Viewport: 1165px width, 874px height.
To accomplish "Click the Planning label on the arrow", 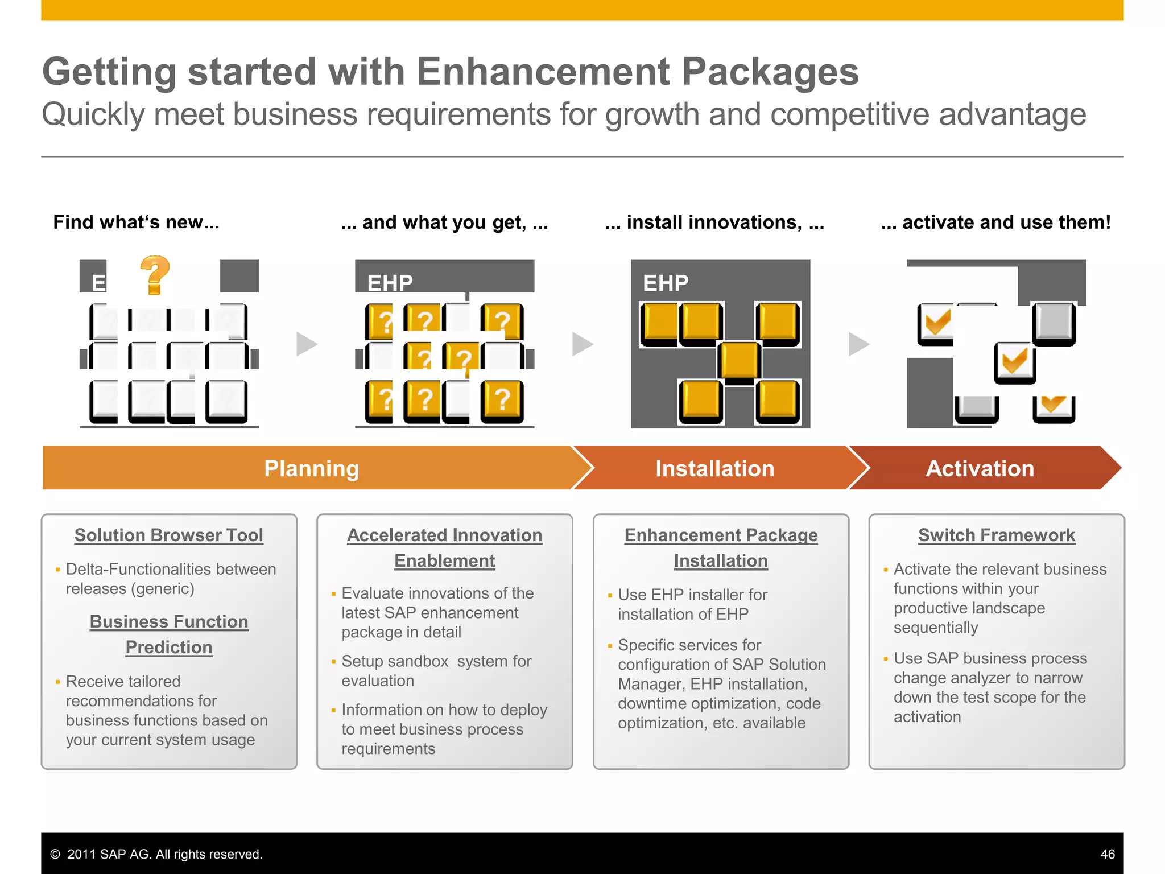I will pos(312,468).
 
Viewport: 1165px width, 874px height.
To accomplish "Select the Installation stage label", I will pos(714,468).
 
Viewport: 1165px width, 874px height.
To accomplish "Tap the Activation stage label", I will pos(980,468).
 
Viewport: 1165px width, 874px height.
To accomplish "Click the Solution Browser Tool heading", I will pos(169,535).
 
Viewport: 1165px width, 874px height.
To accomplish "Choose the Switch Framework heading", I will pos(997,535).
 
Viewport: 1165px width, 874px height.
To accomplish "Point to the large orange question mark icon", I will pos(155,275).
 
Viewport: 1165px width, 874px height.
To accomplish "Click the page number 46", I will pos(1107,854).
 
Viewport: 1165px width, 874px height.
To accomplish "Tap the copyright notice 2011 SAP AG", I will pos(156,854).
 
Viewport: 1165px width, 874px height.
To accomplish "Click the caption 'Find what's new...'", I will pos(136,222).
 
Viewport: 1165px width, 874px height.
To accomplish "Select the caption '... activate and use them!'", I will pos(995,222).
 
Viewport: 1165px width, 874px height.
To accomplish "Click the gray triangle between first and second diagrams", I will pos(306,344).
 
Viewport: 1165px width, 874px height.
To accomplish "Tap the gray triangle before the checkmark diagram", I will pos(858,344).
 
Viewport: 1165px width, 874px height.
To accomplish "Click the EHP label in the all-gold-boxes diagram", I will pos(666,283).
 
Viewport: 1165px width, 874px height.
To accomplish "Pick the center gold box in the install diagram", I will pos(739,360).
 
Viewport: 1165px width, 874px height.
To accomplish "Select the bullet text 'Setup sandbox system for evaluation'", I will pos(436,671).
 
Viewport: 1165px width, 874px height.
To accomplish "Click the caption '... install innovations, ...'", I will pos(714,222).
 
